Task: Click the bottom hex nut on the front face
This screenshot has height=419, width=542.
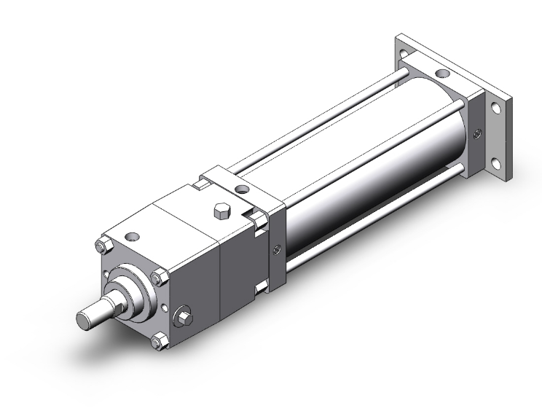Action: coord(154,341)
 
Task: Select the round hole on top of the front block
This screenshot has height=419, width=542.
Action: coord(132,235)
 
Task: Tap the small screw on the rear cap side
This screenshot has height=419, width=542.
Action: coord(476,133)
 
